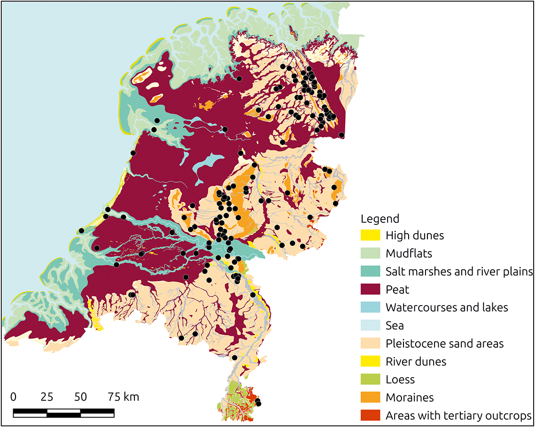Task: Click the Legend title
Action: coord(380,219)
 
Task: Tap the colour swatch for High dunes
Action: coord(371,236)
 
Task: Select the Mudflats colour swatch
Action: coord(371,253)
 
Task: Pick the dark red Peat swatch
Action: coord(371,290)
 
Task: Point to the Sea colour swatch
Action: coord(371,326)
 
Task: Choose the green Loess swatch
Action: coord(371,380)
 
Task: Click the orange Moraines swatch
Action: coord(371,397)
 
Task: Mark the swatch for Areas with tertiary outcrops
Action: coord(371,416)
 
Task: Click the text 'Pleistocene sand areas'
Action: coord(444,343)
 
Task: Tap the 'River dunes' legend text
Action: coord(416,361)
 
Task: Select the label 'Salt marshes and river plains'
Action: coord(459,271)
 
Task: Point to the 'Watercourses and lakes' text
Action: coord(447,307)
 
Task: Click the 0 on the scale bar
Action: coord(13,397)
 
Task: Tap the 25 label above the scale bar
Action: coord(47,397)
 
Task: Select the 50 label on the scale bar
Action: coord(80,397)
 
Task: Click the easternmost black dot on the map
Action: coord(341,135)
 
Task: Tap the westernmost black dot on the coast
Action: coord(81,230)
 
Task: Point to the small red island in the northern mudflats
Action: coord(294,34)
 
